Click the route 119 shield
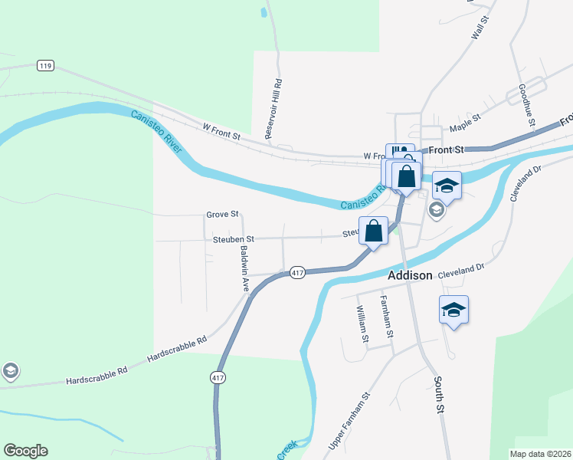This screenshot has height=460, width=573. point(44,66)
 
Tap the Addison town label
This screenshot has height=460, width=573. point(410,274)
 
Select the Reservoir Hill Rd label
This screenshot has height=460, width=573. point(273,108)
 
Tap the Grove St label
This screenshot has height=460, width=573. point(222,214)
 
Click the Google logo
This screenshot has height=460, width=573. point(25,451)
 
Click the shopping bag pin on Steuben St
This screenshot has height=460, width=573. point(373,231)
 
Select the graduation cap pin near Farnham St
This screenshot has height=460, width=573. point(453,310)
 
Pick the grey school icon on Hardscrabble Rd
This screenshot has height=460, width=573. point(11,372)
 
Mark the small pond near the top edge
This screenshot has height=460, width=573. point(264,11)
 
